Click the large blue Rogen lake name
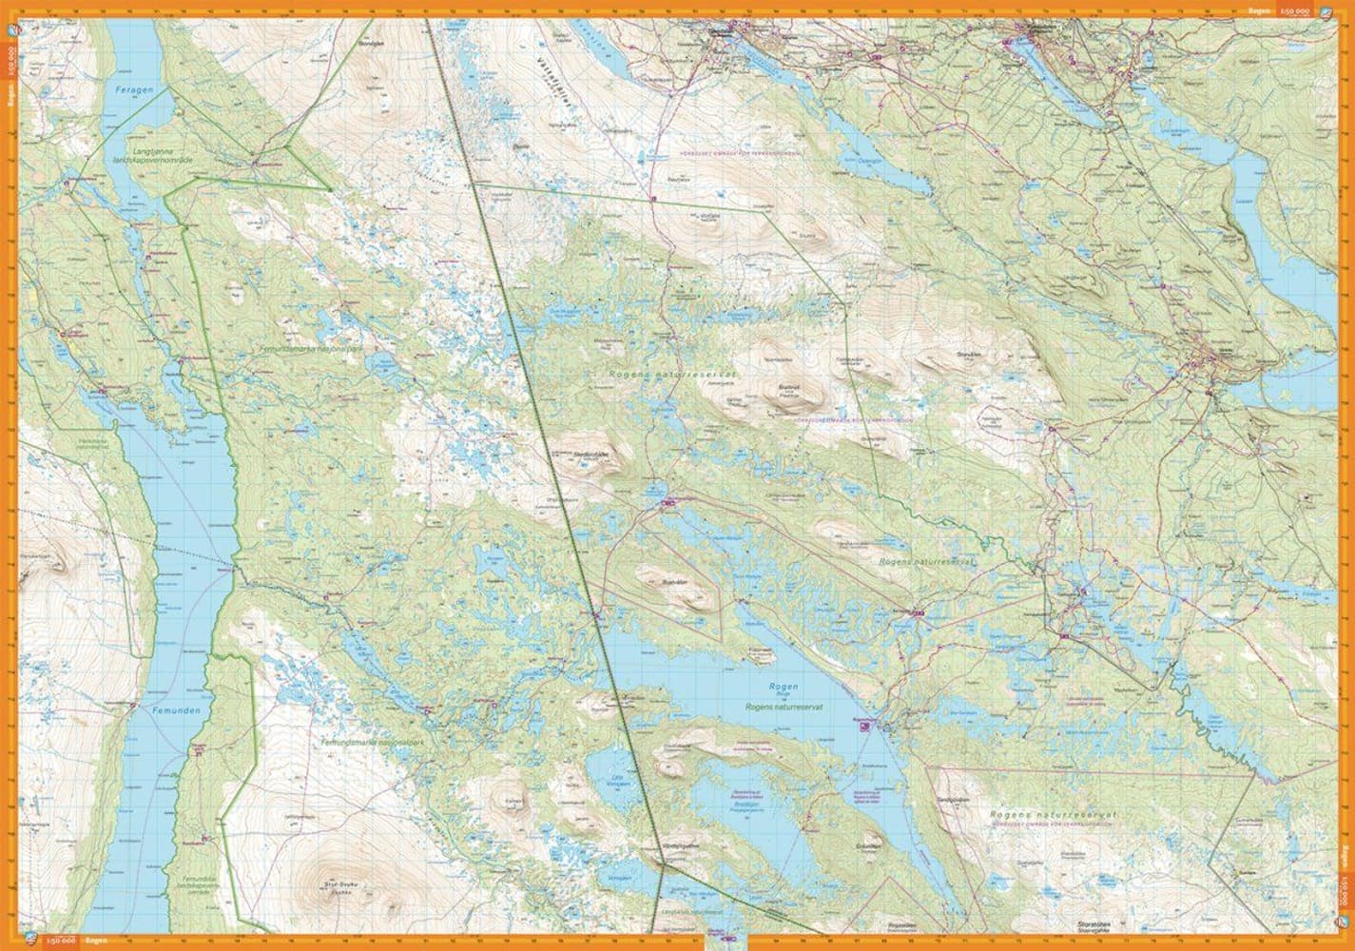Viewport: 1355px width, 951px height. [784, 686]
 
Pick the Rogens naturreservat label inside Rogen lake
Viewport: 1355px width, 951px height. [784, 708]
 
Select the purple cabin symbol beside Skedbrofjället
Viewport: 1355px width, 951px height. [666, 500]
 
